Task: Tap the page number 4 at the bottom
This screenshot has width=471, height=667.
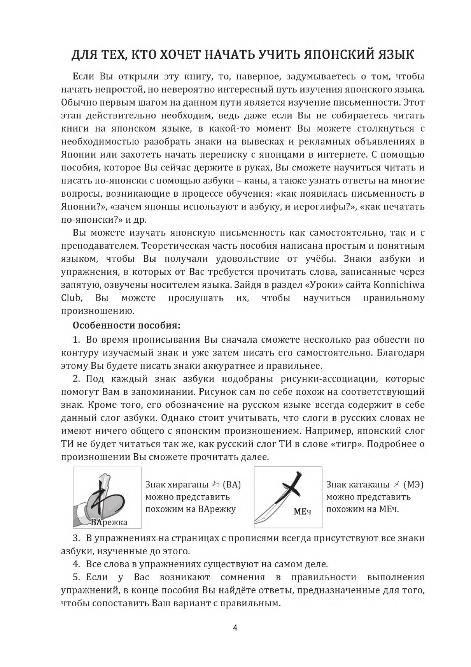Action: coord(235,628)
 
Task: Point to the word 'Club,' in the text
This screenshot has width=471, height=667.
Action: coord(72,298)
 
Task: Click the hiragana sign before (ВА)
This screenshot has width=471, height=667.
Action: coord(216,484)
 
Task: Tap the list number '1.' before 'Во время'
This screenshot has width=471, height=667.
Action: coord(77,340)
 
